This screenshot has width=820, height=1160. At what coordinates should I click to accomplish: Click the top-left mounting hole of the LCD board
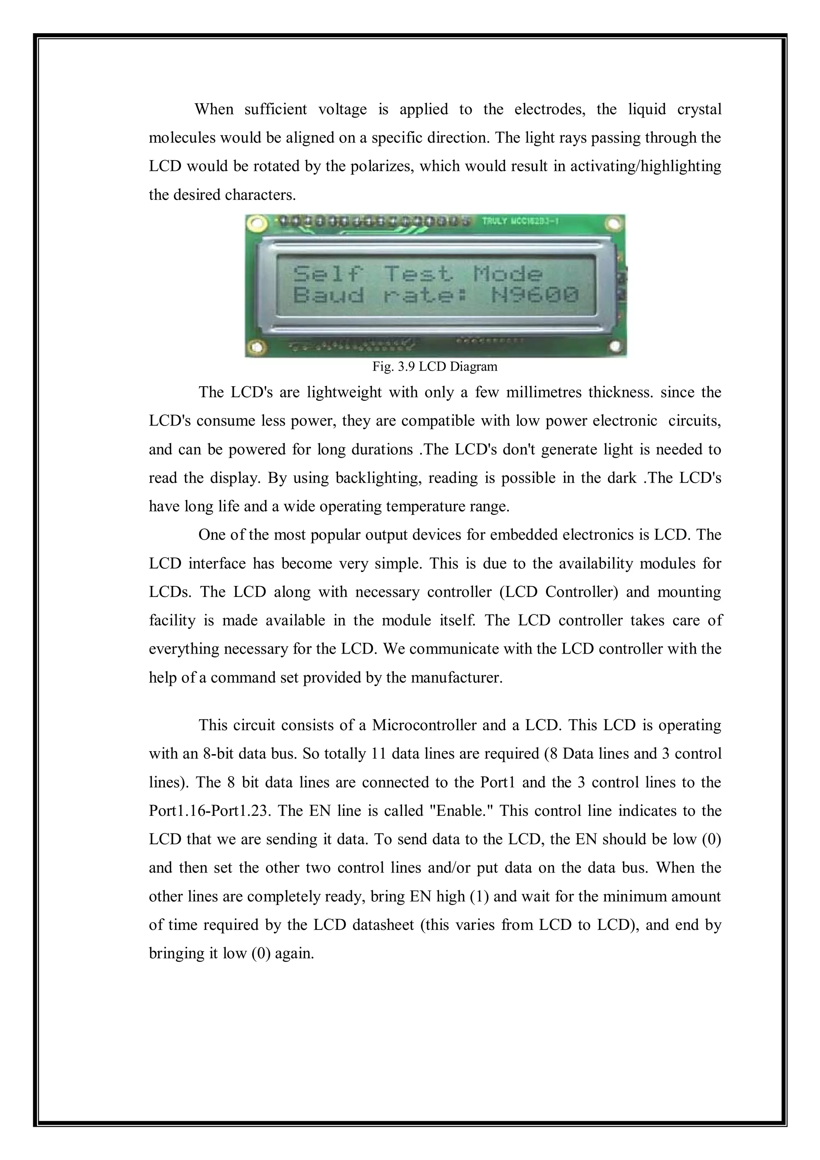pyautogui.click(x=258, y=223)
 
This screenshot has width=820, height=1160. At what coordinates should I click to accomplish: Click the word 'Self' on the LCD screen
pyautogui.click(x=328, y=274)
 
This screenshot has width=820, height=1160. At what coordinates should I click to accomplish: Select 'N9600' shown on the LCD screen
pyautogui.click(x=535, y=295)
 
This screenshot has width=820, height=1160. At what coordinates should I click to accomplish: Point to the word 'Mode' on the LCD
pyautogui.click(x=507, y=274)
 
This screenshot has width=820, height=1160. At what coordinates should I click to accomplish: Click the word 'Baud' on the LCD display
pyautogui.click(x=328, y=295)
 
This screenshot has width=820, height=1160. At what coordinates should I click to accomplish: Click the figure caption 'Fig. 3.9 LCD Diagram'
pyautogui.click(x=434, y=367)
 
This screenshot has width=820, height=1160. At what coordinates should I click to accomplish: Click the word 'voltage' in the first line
pyautogui.click(x=343, y=109)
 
